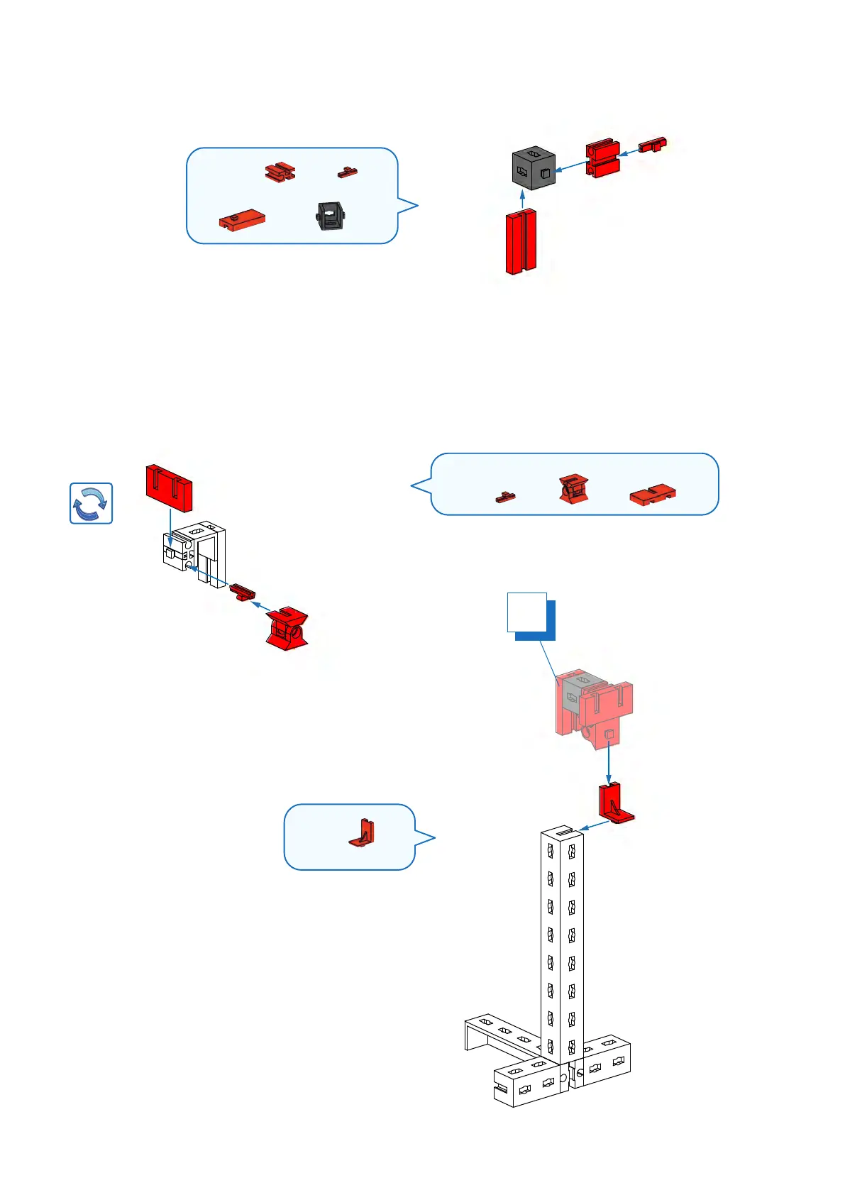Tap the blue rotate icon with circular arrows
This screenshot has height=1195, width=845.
pyautogui.click(x=91, y=503)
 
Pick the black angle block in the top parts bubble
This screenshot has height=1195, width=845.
pyautogui.click(x=331, y=216)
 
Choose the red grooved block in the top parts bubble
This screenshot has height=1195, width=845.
pyautogui.click(x=280, y=171)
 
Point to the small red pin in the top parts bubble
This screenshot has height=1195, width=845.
pyautogui.click(x=347, y=172)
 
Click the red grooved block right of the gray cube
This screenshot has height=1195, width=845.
pyautogui.click(x=602, y=158)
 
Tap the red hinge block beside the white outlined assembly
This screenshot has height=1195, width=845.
pyautogui.click(x=287, y=627)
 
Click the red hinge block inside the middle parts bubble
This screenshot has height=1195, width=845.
pyautogui.click(x=573, y=489)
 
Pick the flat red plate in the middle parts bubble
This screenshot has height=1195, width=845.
pyautogui.click(x=652, y=495)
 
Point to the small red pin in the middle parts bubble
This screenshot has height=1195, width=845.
pyautogui.click(x=505, y=497)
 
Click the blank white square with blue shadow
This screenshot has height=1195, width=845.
pyautogui.click(x=527, y=612)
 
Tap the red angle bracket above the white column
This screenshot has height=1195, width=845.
pyautogui.click(x=614, y=803)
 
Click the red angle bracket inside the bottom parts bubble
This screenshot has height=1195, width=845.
pyautogui.click(x=363, y=833)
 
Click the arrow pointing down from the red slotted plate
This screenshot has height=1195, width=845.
pyautogui.click(x=170, y=529)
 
